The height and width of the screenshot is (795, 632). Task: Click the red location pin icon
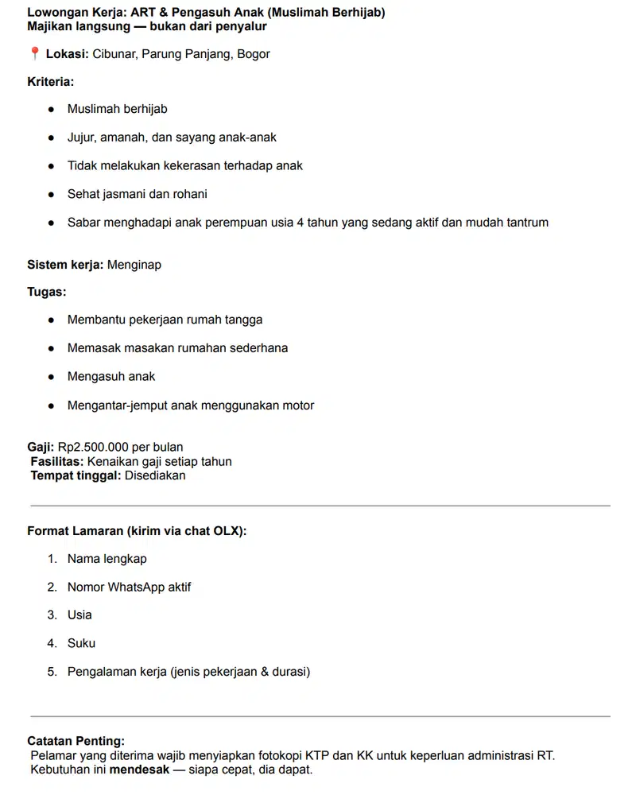34,54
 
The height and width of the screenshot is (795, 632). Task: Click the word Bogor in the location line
254,54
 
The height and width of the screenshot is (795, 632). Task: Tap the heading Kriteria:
50,81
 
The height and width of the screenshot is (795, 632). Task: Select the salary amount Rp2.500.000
93,447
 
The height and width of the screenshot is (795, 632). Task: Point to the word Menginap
134,264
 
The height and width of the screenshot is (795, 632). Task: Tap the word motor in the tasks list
297,405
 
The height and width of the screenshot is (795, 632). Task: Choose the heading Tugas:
47,292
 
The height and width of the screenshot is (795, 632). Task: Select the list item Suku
81,643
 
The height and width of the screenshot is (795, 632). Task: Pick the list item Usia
79,615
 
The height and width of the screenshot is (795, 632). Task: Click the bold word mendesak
139,770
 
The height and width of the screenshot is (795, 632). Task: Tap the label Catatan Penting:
76,741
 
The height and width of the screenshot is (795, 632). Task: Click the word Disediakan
155,475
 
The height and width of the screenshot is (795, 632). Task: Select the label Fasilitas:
57,461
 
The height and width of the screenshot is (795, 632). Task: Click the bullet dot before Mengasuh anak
51,377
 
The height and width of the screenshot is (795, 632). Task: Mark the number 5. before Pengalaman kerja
52,672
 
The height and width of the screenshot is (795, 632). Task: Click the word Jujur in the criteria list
81,138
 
